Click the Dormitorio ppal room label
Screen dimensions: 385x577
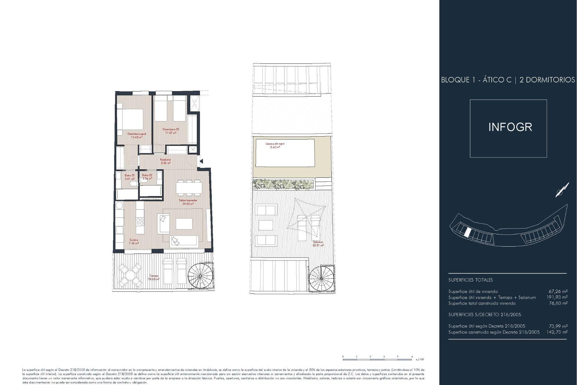click(137, 135)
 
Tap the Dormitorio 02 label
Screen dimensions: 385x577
click(171, 131)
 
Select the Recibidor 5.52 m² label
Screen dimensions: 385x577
click(166, 161)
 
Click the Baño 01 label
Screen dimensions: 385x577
click(130, 177)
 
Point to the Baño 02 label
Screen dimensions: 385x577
click(147, 177)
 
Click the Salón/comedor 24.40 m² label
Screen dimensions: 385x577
click(188, 202)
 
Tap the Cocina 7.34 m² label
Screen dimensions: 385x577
click(134, 242)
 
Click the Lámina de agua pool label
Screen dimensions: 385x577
click(275, 145)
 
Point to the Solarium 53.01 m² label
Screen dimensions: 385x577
click(318, 244)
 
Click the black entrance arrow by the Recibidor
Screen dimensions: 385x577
click(201, 162)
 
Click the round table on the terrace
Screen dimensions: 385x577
click(130, 276)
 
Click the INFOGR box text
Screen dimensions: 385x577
click(510, 127)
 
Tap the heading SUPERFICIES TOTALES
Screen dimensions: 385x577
click(470, 280)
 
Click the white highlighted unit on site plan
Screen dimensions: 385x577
click(468, 232)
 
